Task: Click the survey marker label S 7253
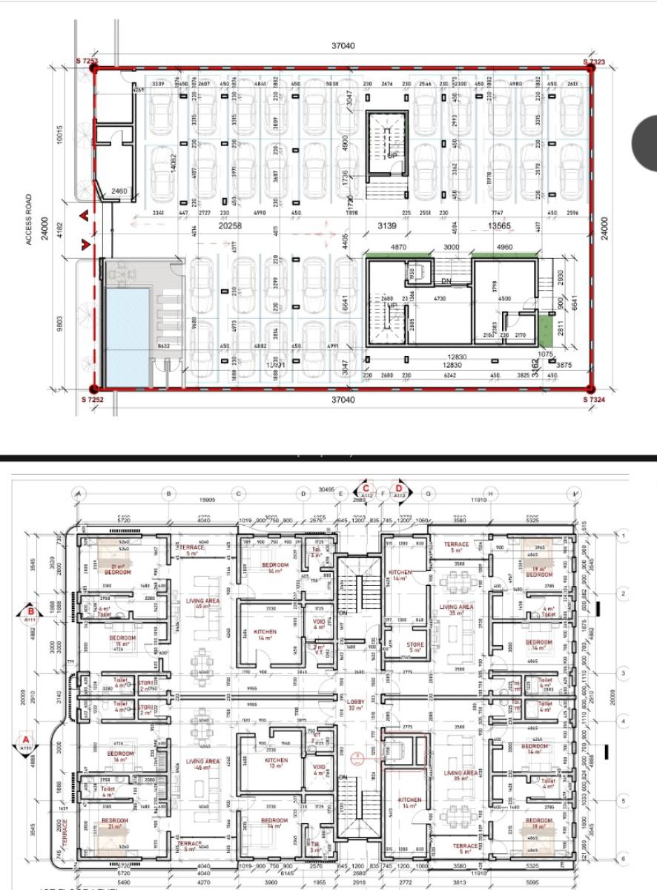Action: tap(87, 60)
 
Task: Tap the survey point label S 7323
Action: tap(594, 62)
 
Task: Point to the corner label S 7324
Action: tap(595, 400)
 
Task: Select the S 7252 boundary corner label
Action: tap(88, 400)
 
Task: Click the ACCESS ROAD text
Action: tap(29, 220)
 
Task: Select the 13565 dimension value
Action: tap(502, 225)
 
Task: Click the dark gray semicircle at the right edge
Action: tap(644, 142)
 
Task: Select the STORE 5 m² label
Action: tap(416, 648)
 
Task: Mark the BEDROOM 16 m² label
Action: tap(119, 756)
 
